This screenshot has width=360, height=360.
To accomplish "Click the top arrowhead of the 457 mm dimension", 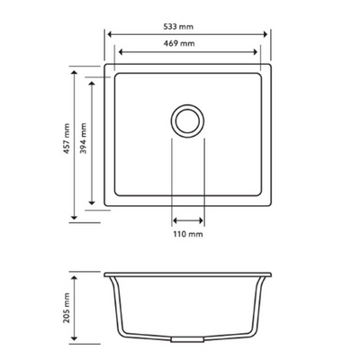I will click(x=75, y=67).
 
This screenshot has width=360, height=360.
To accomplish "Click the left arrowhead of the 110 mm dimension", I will click(x=174, y=219).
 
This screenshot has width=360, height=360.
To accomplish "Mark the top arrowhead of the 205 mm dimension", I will click(x=75, y=272).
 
